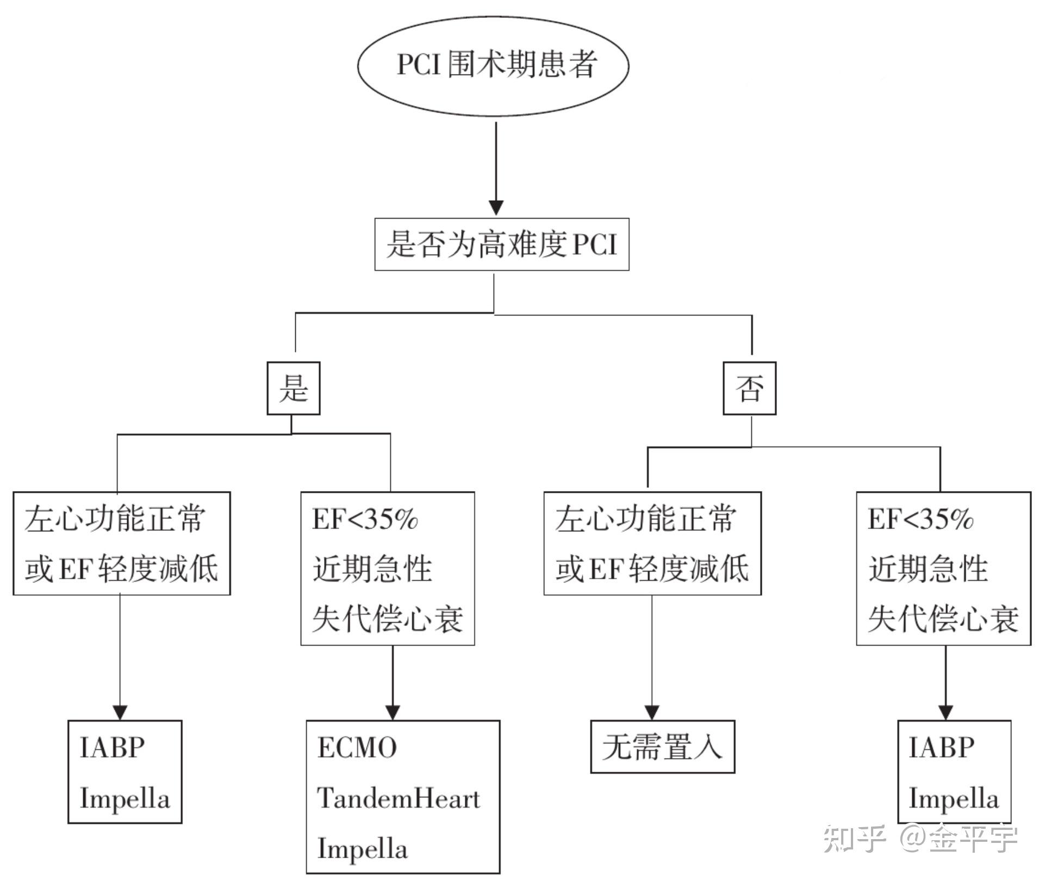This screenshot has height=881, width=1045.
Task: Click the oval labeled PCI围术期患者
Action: tap(493, 65)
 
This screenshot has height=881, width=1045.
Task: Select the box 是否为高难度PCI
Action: tap(501, 244)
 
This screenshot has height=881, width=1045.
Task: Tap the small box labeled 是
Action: tap(293, 388)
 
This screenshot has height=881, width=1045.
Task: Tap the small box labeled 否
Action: tap(749, 388)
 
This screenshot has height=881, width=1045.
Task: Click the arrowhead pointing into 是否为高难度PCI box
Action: tap(496, 207)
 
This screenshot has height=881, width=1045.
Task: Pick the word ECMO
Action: tap(357, 748)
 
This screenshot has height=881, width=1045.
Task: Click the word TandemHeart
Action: tap(399, 798)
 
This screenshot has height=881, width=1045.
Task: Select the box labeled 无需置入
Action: tap(662, 747)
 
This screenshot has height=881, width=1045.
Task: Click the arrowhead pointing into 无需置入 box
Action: tap(652, 712)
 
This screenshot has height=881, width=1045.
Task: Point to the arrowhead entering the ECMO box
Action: tap(393, 712)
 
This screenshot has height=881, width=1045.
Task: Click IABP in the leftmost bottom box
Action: tap(112, 748)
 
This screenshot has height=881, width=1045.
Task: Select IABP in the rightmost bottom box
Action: tap(941, 748)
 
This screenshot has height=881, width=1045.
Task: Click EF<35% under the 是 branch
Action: tap(365, 519)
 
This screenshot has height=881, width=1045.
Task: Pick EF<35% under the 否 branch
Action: tap(920, 519)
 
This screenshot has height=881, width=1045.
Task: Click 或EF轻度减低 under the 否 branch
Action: tap(652, 568)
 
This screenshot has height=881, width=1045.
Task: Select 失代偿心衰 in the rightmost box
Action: tap(943, 619)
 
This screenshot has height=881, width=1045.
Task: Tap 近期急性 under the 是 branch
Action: tap(372, 569)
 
